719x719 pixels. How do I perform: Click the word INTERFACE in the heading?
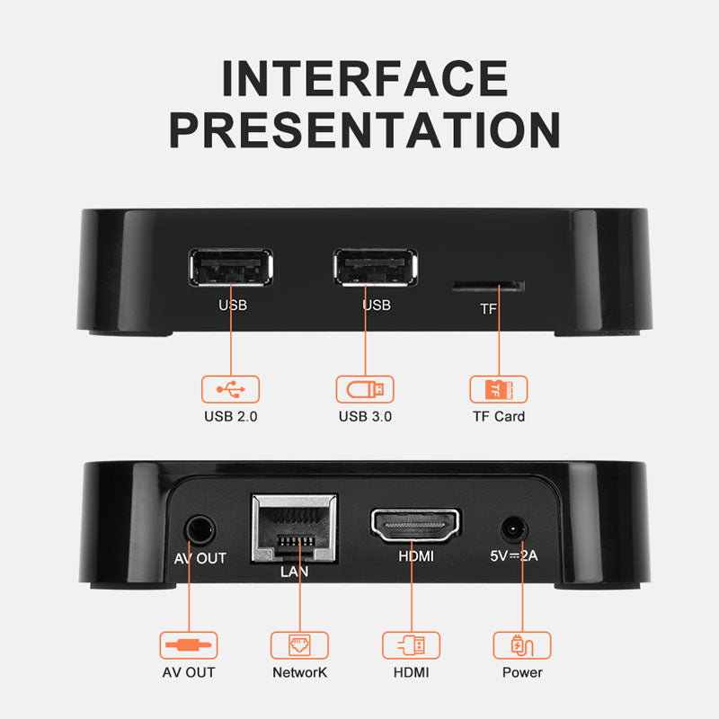click(365, 78)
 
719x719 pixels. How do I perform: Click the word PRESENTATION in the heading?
click(365, 129)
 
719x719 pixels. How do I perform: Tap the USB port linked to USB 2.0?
click(231, 267)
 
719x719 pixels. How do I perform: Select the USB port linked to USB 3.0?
click(376, 267)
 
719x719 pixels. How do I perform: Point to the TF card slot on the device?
click(488, 287)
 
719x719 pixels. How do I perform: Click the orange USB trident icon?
click(231, 389)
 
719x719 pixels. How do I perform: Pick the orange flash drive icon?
click(365, 389)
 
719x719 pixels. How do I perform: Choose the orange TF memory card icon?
click(499, 389)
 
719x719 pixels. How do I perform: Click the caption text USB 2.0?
click(231, 416)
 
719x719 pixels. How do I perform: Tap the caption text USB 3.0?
click(365, 416)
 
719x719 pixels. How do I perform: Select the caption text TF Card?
click(499, 416)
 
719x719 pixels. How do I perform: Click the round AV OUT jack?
click(200, 530)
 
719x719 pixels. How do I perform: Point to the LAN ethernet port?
click(295, 528)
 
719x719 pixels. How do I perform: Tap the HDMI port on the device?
click(415, 524)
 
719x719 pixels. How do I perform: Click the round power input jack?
click(513, 530)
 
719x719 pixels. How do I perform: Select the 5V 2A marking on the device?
click(513, 555)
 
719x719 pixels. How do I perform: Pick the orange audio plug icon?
click(189, 645)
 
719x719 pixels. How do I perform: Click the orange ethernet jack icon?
click(299, 644)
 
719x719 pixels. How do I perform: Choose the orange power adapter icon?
click(522, 645)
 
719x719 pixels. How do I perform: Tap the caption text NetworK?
click(299, 672)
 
